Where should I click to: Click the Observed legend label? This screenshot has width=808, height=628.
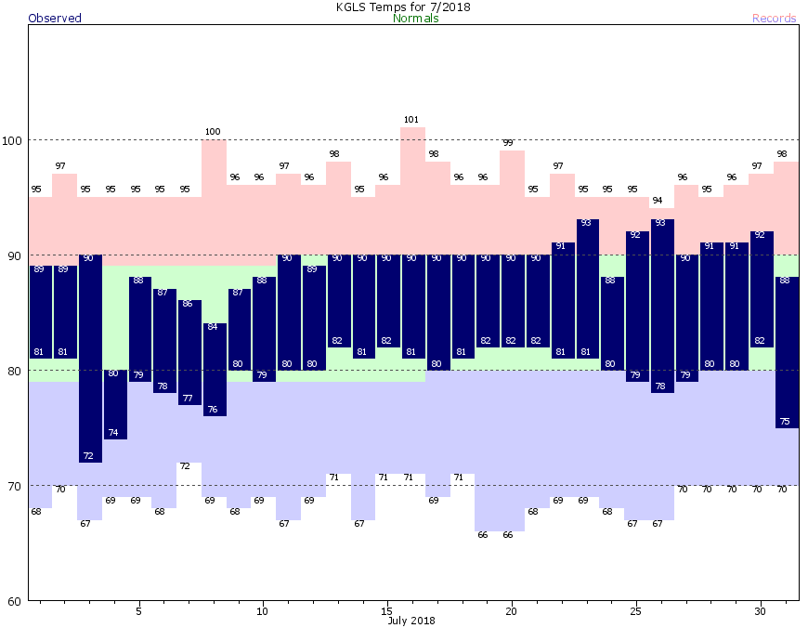click(55, 19)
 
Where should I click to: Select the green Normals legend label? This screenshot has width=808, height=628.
click(416, 19)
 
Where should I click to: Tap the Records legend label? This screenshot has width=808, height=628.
click(774, 19)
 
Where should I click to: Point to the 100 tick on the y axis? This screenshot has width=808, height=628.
click(14, 140)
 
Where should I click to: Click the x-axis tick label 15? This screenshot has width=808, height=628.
click(386, 611)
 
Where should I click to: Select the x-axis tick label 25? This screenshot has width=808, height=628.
click(635, 611)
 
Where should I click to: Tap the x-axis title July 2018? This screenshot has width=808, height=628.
click(411, 621)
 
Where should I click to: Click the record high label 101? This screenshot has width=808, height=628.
click(412, 120)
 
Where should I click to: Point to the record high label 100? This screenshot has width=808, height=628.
click(213, 132)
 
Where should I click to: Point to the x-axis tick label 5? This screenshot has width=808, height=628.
click(138, 611)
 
